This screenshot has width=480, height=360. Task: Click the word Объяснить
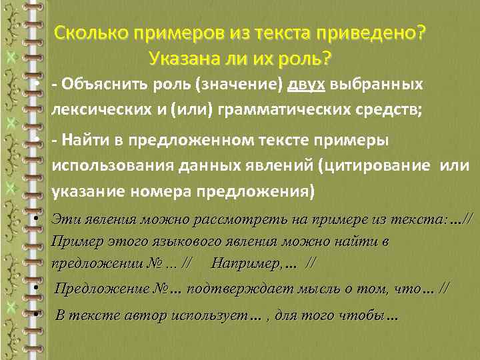(101, 85)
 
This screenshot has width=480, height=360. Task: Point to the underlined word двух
(305, 85)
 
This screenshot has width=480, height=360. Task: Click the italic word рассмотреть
(238, 219)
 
